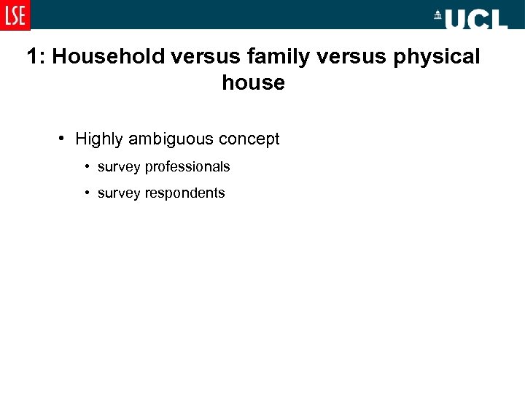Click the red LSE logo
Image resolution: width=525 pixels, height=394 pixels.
click(x=15, y=15)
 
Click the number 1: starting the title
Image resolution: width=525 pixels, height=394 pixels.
click(x=36, y=57)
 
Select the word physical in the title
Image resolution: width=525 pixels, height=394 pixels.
click(x=437, y=57)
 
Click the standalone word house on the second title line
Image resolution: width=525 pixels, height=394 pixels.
click(x=253, y=83)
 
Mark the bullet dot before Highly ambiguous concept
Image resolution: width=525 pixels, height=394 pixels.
click(x=64, y=139)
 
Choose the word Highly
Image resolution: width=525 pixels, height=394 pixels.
click(x=100, y=139)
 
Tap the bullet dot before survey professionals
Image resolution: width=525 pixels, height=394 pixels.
click(x=87, y=166)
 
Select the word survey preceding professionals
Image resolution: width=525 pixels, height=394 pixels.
click(x=119, y=167)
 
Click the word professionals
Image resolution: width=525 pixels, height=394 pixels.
click(x=187, y=167)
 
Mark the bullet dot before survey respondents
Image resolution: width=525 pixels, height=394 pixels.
click(x=87, y=193)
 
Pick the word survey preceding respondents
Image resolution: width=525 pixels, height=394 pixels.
click(x=119, y=193)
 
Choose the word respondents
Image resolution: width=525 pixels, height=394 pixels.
click(x=185, y=193)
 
